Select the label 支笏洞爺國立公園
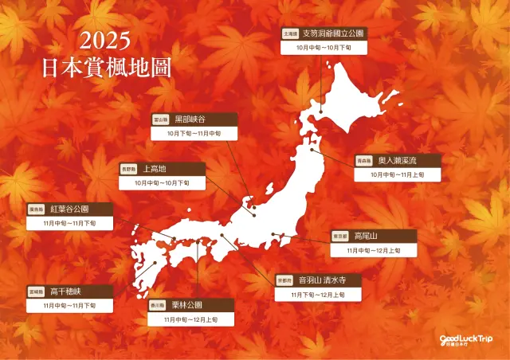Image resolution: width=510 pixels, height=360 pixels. (333, 34)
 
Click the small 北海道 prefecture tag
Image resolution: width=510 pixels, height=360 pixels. (290, 35)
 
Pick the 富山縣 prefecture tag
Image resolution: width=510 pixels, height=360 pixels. (160, 119)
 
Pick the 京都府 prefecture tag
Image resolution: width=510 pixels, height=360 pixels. (284, 281)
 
